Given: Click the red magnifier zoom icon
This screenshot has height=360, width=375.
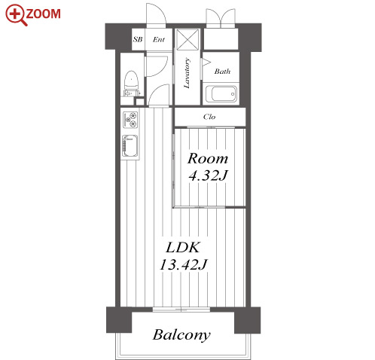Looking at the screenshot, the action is pyautogui.click(x=16, y=14).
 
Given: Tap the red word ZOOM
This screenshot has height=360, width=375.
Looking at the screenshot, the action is pyautogui.click(x=43, y=14).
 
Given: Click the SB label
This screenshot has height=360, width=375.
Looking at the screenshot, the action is pyautogui.click(x=138, y=39).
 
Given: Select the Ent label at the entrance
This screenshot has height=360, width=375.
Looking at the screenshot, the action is pyautogui.click(x=159, y=39).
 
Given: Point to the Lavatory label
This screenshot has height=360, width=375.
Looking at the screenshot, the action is pyautogui.click(x=187, y=73).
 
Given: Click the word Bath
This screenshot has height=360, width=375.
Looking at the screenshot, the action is pyautogui.click(x=222, y=72).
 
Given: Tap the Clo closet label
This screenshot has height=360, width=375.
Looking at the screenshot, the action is pyautogui.click(x=209, y=117).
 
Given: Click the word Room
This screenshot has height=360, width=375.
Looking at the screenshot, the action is pyautogui.click(x=208, y=158).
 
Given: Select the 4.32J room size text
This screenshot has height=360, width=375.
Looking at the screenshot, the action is pyautogui.click(x=208, y=175).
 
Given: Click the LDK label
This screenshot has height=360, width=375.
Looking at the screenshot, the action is pyautogui.click(x=183, y=247).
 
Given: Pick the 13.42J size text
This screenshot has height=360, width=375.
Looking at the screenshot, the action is pyautogui.click(x=183, y=264).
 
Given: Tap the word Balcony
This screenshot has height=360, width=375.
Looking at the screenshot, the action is pyautogui.click(x=181, y=335).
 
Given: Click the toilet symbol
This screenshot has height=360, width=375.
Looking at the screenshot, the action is pyautogui.click(x=131, y=84).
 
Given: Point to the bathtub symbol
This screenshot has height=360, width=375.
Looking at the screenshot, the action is pyautogui.click(x=221, y=94).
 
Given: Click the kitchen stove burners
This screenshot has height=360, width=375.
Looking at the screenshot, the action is pyautogui.click(x=130, y=120).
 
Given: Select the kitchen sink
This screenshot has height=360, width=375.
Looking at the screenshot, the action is pyautogui.click(x=130, y=146).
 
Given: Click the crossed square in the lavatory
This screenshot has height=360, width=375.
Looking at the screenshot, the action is pyautogui.click(x=187, y=39).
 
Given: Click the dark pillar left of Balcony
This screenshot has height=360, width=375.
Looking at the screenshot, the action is pyautogui.click(x=119, y=320).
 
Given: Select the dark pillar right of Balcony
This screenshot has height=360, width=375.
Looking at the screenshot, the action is pyautogui.click(x=248, y=320).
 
